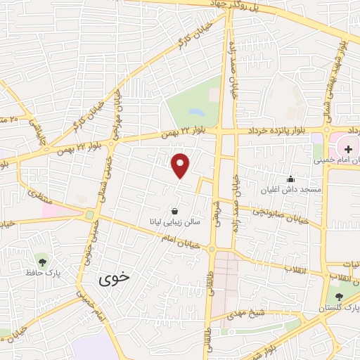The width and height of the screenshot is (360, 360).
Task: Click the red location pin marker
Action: click(181, 165)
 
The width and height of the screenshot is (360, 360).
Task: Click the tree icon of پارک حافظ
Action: click(44, 262)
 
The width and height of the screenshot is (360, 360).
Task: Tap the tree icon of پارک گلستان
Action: click(340, 297)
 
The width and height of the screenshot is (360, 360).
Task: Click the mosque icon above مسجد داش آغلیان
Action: click(290, 179)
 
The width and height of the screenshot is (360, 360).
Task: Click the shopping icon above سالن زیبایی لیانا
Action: click(174, 210)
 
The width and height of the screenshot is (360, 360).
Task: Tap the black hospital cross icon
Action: click(347, 150)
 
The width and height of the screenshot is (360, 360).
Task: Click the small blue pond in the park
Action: click(197, 112)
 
